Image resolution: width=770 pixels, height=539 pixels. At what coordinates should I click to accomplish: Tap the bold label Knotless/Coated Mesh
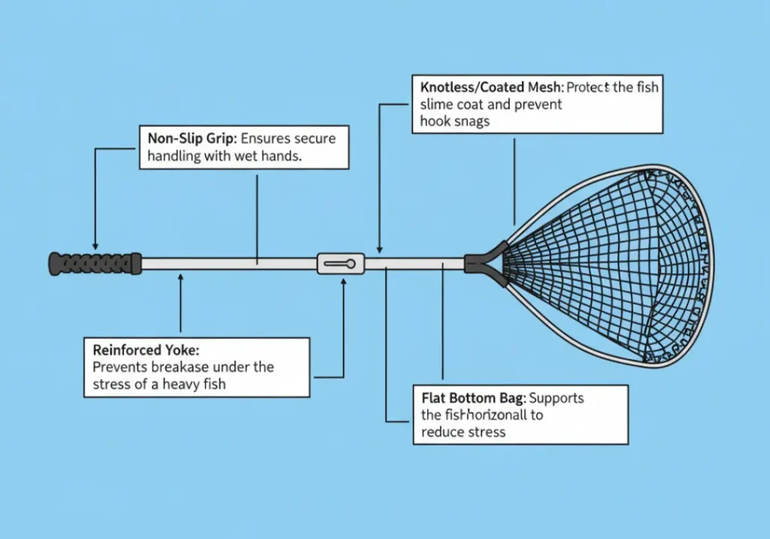[490, 87]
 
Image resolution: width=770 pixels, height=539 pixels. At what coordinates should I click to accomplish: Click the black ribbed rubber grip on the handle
[95, 263]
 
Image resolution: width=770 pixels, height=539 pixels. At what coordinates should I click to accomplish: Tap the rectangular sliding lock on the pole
[341, 263]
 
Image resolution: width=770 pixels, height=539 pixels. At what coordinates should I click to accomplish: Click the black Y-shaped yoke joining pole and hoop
[481, 261]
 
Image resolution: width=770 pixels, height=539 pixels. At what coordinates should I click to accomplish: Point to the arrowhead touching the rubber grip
[95, 246]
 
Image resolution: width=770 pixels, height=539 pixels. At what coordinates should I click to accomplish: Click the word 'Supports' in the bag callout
[556, 398]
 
